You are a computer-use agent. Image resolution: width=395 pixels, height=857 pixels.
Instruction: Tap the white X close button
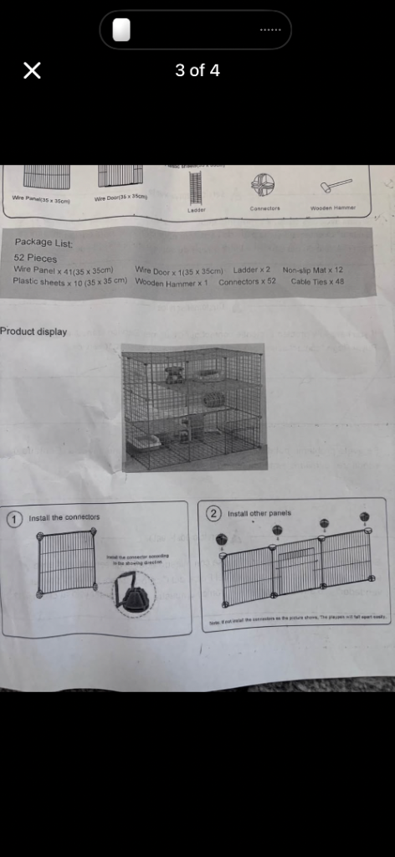click(32, 70)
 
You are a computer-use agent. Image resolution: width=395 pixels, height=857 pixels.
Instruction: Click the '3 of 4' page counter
click(197, 70)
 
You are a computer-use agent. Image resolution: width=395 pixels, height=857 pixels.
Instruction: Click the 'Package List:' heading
click(44, 243)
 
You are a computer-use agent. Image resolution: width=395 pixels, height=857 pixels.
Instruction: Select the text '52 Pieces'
click(36, 259)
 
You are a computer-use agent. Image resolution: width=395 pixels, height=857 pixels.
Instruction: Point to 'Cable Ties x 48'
click(317, 282)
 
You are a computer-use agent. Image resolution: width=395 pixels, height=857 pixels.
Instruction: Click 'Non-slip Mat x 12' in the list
click(313, 270)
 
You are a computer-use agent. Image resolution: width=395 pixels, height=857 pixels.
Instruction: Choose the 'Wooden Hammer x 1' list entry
click(171, 283)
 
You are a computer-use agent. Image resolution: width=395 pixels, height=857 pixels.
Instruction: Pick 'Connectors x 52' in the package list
click(247, 282)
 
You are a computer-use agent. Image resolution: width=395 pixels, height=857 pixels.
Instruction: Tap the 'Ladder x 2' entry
click(252, 270)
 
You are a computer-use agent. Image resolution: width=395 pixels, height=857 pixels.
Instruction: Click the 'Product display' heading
click(33, 331)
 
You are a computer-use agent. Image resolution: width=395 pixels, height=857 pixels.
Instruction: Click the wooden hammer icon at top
click(332, 187)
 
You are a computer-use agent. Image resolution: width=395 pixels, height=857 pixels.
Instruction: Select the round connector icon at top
click(264, 185)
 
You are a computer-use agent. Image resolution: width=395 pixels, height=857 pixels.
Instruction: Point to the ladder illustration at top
click(197, 188)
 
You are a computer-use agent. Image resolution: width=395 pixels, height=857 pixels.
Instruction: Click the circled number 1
click(14, 518)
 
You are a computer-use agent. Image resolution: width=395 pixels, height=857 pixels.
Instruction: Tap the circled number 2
click(213, 513)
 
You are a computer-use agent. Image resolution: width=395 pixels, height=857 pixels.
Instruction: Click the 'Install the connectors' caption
click(64, 518)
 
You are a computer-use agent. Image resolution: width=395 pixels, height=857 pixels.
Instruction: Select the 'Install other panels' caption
click(259, 513)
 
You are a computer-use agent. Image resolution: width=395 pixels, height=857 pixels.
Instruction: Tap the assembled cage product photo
click(193, 406)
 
